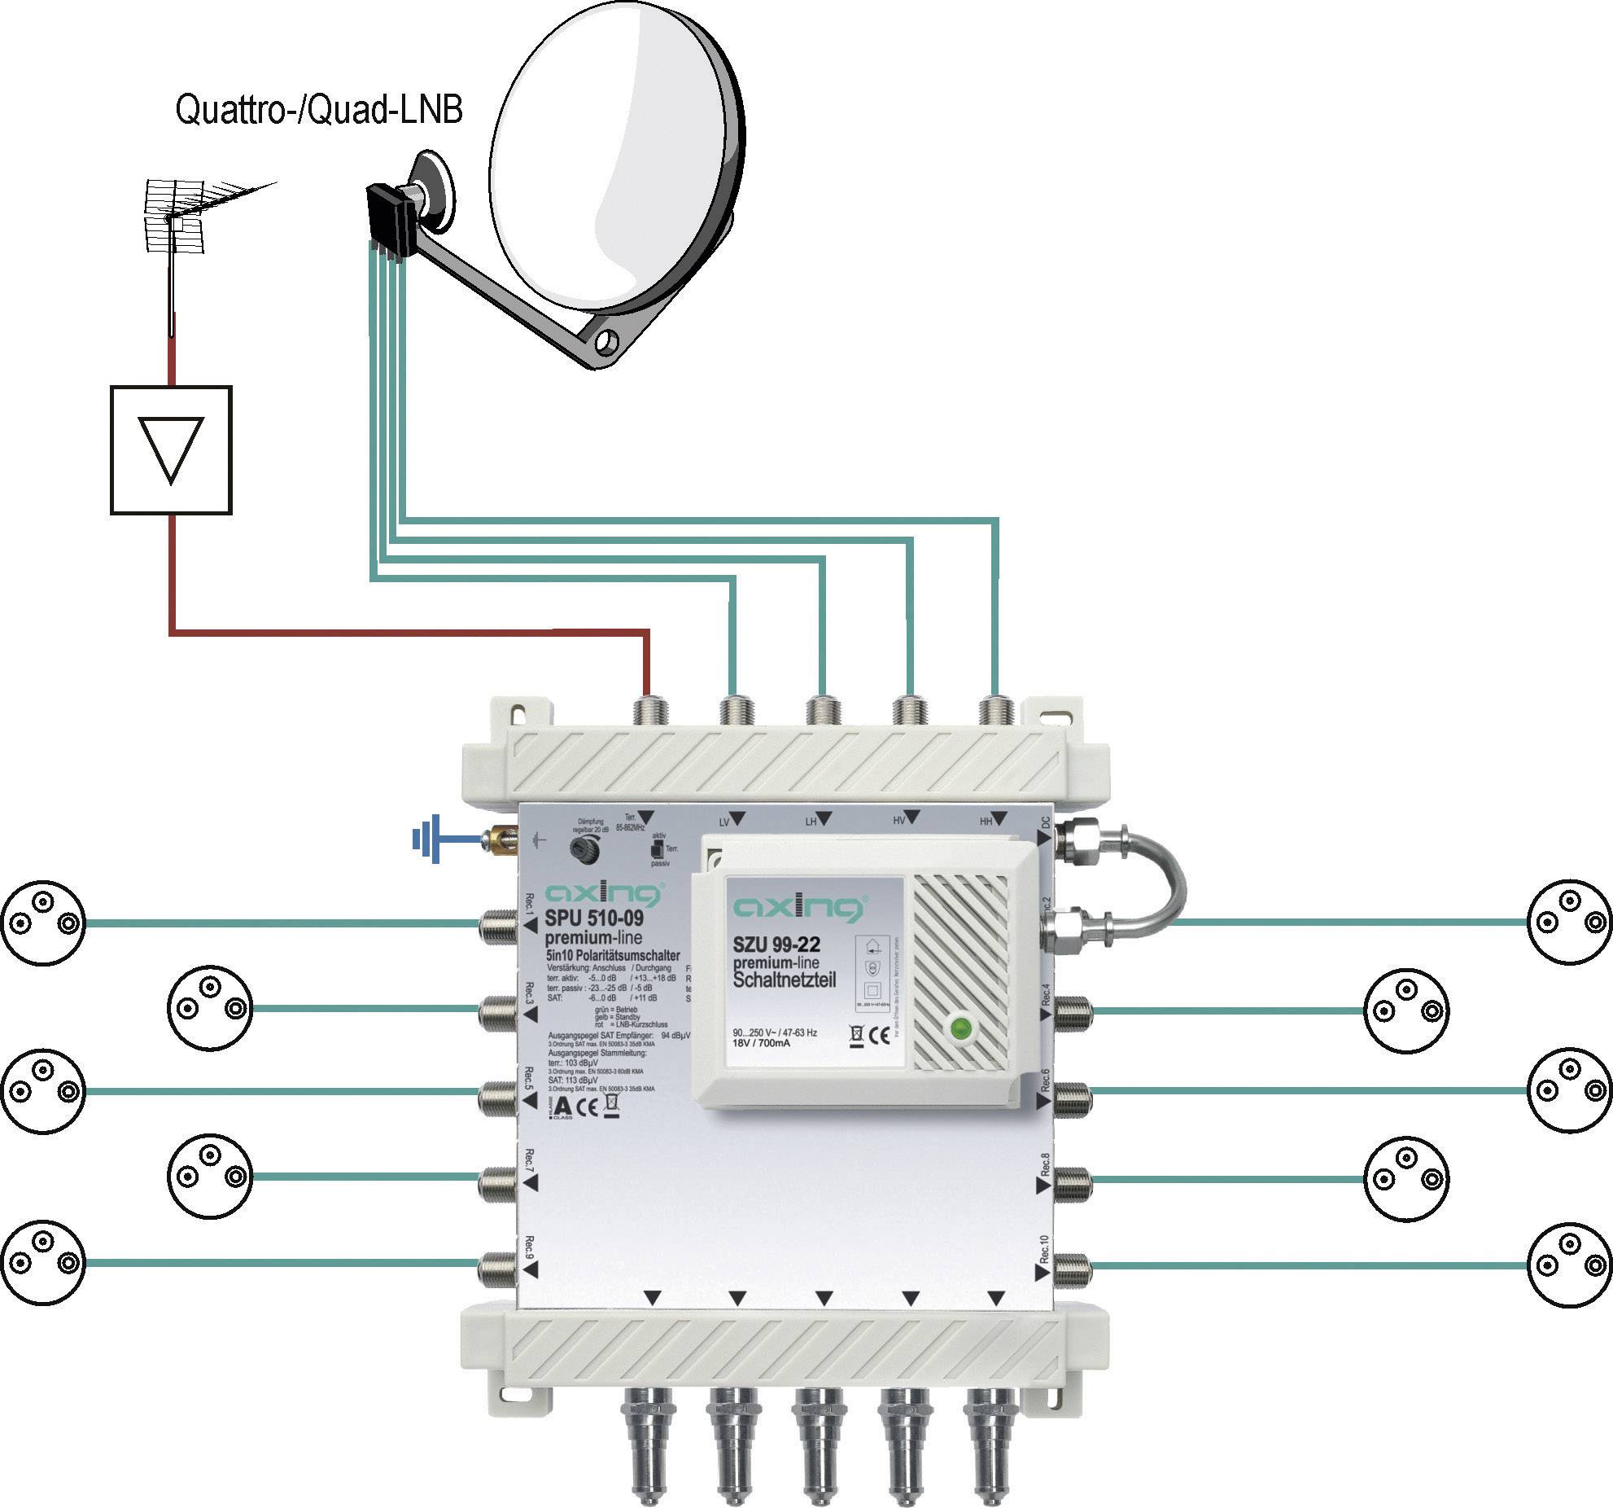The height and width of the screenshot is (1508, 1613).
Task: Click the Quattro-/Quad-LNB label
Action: pos(319,110)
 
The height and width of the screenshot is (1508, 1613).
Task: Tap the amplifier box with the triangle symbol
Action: pos(171,450)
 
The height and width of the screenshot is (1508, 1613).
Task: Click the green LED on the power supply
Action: pos(962,1028)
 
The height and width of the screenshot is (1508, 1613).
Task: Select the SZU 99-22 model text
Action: pos(776,945)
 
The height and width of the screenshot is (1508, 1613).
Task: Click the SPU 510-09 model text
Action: pos(594,918)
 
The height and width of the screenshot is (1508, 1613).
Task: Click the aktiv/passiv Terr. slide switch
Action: pos(655,849)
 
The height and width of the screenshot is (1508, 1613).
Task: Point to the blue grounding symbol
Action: pos(427,838)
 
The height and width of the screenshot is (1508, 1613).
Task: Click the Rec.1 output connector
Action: pos(498,923)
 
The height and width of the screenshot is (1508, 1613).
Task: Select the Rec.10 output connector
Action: pos(1073,1266)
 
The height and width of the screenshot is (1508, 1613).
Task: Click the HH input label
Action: pos(986,822)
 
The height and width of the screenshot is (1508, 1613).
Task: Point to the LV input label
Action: pos(723,822)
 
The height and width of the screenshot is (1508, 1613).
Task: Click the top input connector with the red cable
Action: pos(651,710)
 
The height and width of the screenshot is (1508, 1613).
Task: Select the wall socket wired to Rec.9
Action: pos(42,1262)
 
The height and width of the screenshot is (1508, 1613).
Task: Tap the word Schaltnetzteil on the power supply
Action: pos(785,979)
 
